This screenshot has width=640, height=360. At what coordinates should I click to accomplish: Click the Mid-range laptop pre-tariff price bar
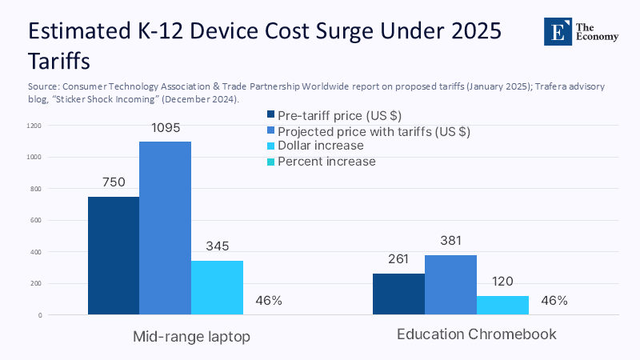(x=113, y=256)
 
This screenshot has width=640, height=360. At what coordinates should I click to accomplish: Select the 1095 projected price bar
(x=165, y=228)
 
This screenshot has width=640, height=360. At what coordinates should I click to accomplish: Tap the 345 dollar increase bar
(x=217, y=287)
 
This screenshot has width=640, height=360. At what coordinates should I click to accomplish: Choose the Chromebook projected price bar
(x=450, y=285)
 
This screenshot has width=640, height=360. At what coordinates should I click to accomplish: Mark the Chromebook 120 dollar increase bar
(x=502, y=305)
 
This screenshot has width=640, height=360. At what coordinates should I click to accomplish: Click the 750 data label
(x=114, y=182)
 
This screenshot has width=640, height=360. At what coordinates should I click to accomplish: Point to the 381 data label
(x=450, y=241)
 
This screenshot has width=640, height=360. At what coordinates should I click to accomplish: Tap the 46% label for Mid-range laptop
(x=269, y=301)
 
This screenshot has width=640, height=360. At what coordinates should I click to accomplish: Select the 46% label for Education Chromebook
(x=554, y=301)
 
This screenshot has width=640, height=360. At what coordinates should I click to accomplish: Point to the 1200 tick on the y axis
(x=33, y=126)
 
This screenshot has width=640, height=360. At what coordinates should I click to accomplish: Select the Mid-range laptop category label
(x=191, y=336)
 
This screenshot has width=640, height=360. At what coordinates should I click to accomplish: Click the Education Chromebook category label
(x=477, y=334)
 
